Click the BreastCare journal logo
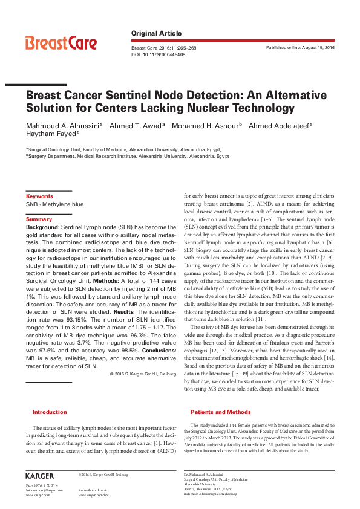pyautogui.click(x=61, y=44)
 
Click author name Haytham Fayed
pyautogui.click(x=50, y=135)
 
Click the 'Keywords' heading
pyautogui.click(x=39, y=196)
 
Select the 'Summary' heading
pyautogui.click(x=39, y=219)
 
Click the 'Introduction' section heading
pyautogui.click(x=50, y=412)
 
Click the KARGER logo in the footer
pyautogui.click(x=40, y=476)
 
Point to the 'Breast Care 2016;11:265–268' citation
pyautogui.click(x=163, y=47)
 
